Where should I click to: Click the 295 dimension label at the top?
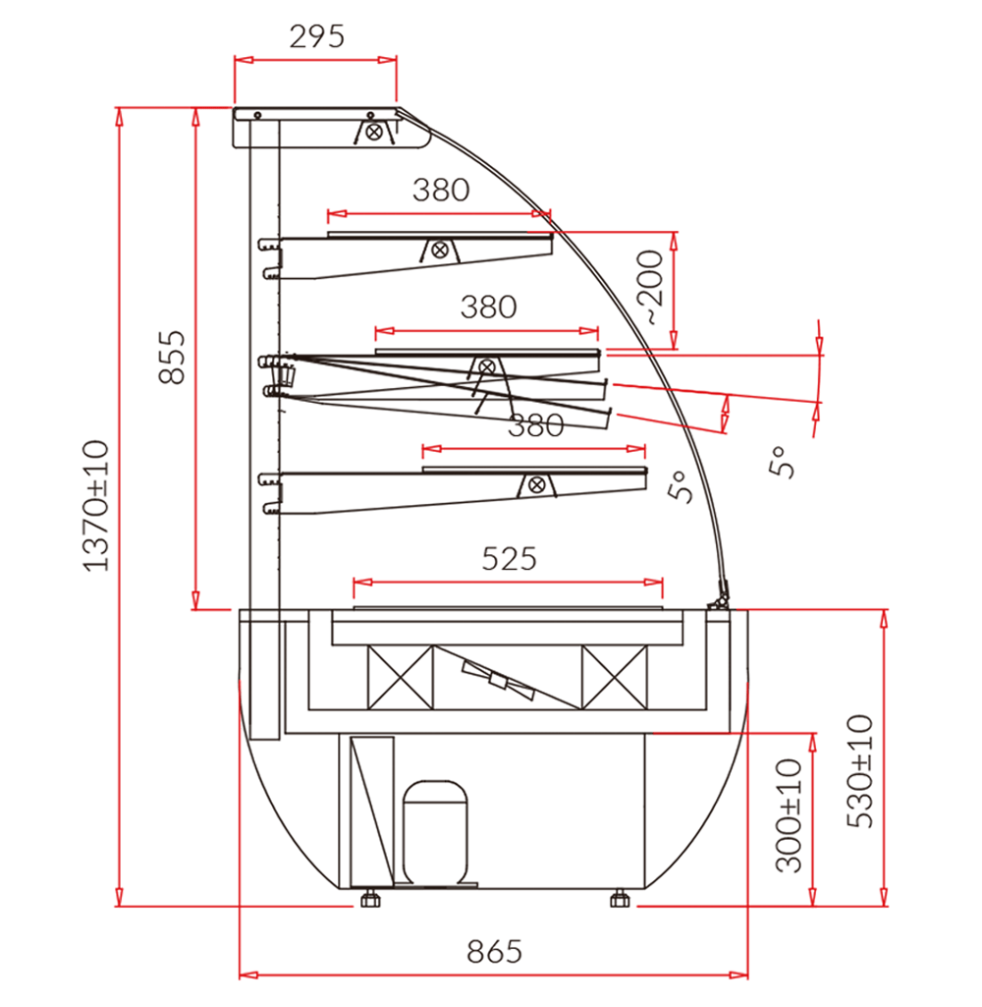pos(316,36)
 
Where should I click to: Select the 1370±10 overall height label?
pos(96,505)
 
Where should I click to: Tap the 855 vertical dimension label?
pos(172,357)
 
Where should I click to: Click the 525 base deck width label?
pos(509,559)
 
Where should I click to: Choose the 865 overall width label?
pos(494,951)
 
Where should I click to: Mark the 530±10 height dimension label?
pos(860,770)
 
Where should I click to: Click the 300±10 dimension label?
pos(789,815)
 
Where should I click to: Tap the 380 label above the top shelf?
pos(441,190)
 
